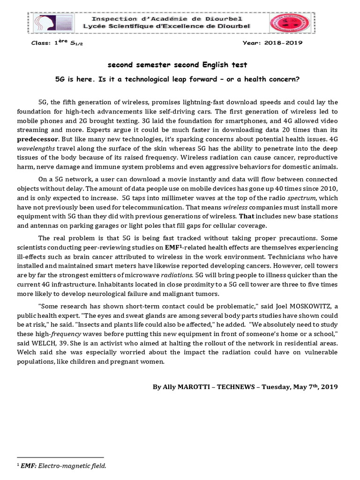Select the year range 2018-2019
[x=283, y=43]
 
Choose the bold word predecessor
[x=37, y=139]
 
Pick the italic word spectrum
[x=301, y=198]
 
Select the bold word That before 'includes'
[x=246, y=217]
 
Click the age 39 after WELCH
[x=69, y=343]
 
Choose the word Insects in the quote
[x=157, y=324]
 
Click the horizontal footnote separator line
[x=60, y=457]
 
